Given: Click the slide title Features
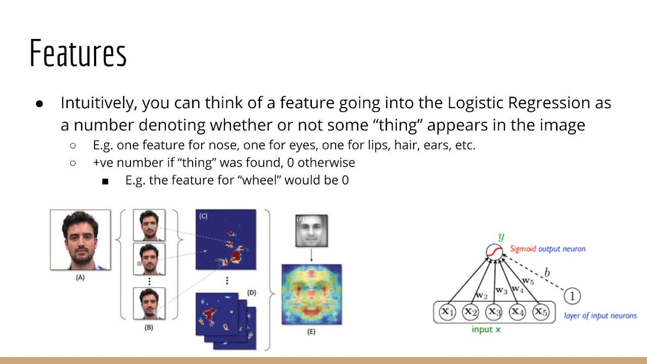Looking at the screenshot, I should coord(78,53).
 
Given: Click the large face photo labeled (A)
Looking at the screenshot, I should coord(80,240).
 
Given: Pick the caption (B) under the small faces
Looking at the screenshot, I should coord(149,327).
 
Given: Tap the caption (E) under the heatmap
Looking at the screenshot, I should coord(311,332).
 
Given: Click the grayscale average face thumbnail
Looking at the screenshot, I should coord(311,231).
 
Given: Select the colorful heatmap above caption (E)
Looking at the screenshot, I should coord(311,294).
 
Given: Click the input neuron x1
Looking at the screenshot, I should coord(447,311).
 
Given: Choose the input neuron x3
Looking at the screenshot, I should coord(493,311).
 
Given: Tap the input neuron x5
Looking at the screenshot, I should coord(540,311).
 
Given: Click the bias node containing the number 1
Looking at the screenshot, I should coord(572,296).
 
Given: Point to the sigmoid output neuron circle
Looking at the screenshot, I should coord(494,251).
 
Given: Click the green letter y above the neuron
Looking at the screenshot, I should coord(501,236).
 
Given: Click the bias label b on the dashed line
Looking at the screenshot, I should coord(547,273).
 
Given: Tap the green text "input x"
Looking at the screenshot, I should coord(486,330).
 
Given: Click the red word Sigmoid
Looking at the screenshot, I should coord(523,249).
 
